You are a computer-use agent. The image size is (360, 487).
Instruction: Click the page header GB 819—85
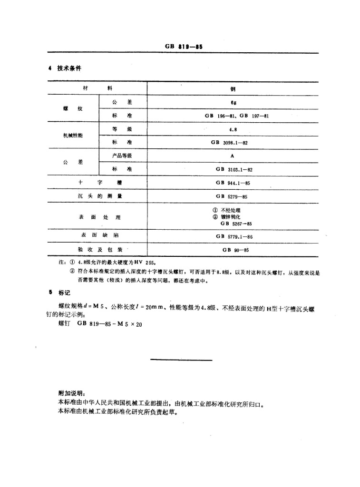[x=184, y=47]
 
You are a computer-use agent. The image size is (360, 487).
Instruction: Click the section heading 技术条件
[x=69, y=68]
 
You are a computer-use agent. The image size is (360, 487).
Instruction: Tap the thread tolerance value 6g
[x=231, y=102]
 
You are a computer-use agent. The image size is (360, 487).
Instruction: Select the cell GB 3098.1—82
[x=232, y=142]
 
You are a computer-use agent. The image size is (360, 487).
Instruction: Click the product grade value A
[x=232, y=156]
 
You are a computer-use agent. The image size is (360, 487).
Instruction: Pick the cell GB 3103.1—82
[x=232, y=169]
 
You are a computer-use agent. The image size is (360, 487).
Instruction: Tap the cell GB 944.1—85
[x=232, y=183]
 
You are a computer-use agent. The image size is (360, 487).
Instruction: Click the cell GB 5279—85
[x=232, y=196]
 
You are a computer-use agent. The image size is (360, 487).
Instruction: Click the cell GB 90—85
[x=232, y=249]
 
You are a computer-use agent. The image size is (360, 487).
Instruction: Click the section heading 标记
[x=64, y=293]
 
